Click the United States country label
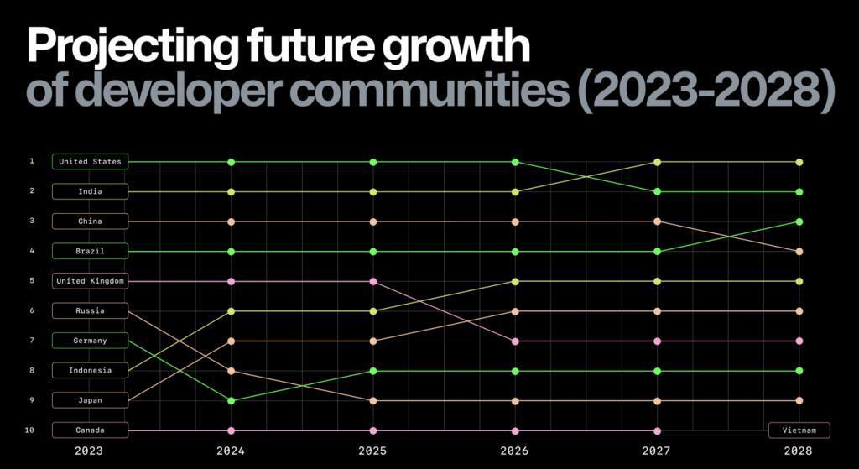click(90, 162)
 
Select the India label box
click(90, 191)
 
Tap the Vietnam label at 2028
click(799, 430)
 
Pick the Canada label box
click(90, 430)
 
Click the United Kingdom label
click(90, 281)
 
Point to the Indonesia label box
click(90, 370)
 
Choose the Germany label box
click(90, 341)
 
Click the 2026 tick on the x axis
click(515, 451)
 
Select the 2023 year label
click(89, 451)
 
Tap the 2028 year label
click(799, 451)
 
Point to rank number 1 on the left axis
click(32, 161)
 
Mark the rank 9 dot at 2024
click(231, 401)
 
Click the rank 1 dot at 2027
click(657, 162)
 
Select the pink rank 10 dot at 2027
click(657, 430)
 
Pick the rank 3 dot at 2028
click(799, 221)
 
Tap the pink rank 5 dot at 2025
click(373, 281)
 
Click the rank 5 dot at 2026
click(515, 281)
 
